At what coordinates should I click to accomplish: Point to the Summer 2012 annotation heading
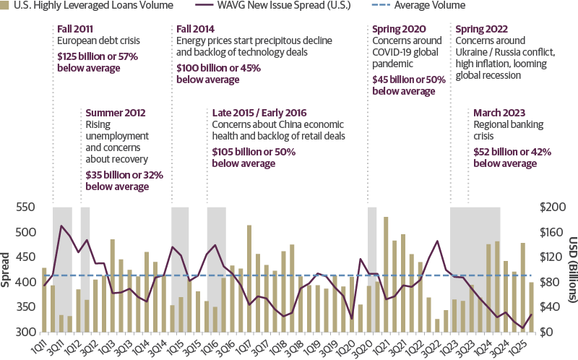116,113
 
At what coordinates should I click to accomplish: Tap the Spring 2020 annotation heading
397,30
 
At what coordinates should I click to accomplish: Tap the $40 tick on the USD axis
548,307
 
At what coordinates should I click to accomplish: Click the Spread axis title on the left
6,269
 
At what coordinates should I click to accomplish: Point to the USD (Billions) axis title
571,269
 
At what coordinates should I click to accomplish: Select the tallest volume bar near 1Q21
387,274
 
